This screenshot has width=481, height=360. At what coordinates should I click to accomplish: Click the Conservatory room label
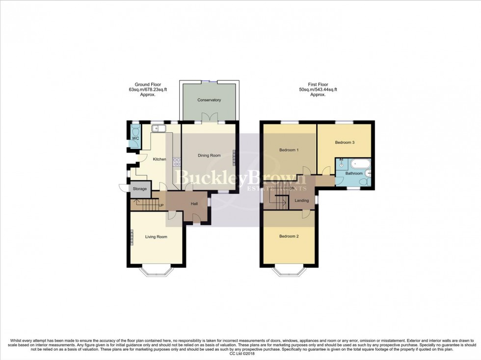(x=209, y=100)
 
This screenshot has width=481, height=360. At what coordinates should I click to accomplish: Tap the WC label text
(x=134, y=139)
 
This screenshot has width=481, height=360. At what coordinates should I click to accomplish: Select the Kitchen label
(x=160, y=159)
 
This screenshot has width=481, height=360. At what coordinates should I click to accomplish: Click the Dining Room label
(x=209, y=155)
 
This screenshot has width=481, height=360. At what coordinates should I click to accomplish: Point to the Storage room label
(x=139, y=189)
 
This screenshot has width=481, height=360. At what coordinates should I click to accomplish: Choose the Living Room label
(x=156, y=237)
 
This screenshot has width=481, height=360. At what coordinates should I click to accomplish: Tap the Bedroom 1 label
(x=289, y=150)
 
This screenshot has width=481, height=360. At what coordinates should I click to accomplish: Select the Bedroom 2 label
(x=289, y=236)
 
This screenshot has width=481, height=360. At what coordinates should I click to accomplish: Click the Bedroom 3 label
(x=345, y=142)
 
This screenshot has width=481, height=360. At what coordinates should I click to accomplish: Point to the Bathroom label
(x=353, y=174)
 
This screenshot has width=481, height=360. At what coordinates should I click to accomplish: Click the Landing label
(x=301, y=200)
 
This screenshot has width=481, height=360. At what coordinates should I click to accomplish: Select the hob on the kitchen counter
(x=176, y=162)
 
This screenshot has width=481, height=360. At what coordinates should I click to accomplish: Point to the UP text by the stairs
(x=160, y=205)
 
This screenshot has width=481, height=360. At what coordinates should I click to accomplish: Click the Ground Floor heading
(x=148, y=84)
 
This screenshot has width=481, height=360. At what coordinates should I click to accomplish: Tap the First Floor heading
(x=318, y=84)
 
